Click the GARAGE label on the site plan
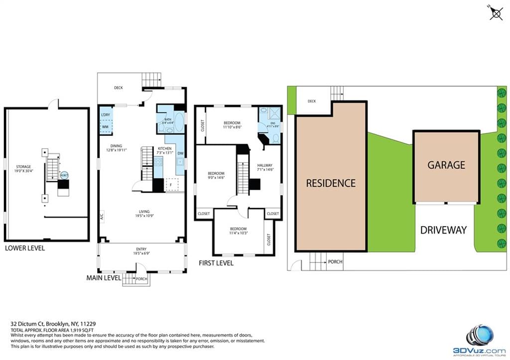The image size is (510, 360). [x=446, y=165]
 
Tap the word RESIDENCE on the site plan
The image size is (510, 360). [x=331, y=183]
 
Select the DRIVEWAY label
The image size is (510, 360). [x=443, y=230]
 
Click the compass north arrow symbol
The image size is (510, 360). [x=496, y=12]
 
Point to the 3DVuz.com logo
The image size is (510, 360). [x=479, y=341]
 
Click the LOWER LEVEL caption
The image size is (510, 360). [x=24, y=247]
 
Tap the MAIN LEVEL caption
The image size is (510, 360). [x=104, y=277]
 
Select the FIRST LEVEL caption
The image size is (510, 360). [x=216, y=263]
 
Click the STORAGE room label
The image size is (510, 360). [x=23, y=167]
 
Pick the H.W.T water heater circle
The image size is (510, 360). [x=64, y=175]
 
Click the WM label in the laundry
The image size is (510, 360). [x=105, y=127]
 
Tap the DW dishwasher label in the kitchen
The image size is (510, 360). [x=181, y=153]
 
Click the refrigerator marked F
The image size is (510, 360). [x=171, y=184]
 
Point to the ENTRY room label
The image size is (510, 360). [x=141, y=249]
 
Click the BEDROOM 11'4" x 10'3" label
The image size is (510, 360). [x=239, y=231]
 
